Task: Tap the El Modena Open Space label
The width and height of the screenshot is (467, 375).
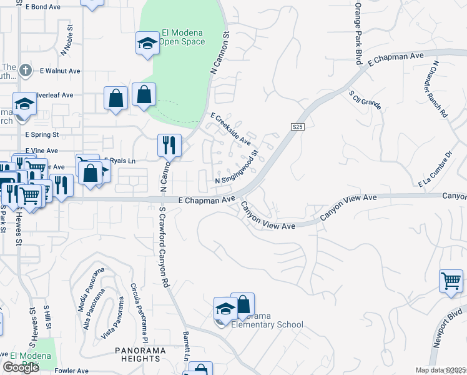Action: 182,37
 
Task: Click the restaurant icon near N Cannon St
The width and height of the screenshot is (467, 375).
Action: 169,146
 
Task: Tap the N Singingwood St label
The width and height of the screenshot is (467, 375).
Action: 237,169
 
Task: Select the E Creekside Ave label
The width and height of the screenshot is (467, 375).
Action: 230,129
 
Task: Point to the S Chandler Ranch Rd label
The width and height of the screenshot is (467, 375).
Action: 440,89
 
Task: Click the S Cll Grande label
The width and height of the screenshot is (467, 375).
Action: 365,100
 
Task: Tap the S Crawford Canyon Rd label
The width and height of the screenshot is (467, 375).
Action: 165,247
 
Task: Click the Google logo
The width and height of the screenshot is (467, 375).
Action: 21,367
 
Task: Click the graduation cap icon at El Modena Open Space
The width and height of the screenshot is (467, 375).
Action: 148,43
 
